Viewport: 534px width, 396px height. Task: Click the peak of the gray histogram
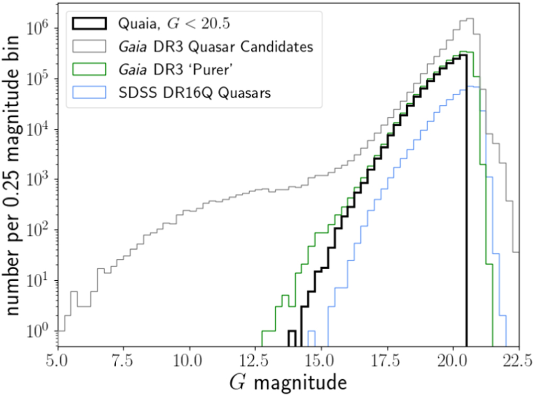tap(470, 19)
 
